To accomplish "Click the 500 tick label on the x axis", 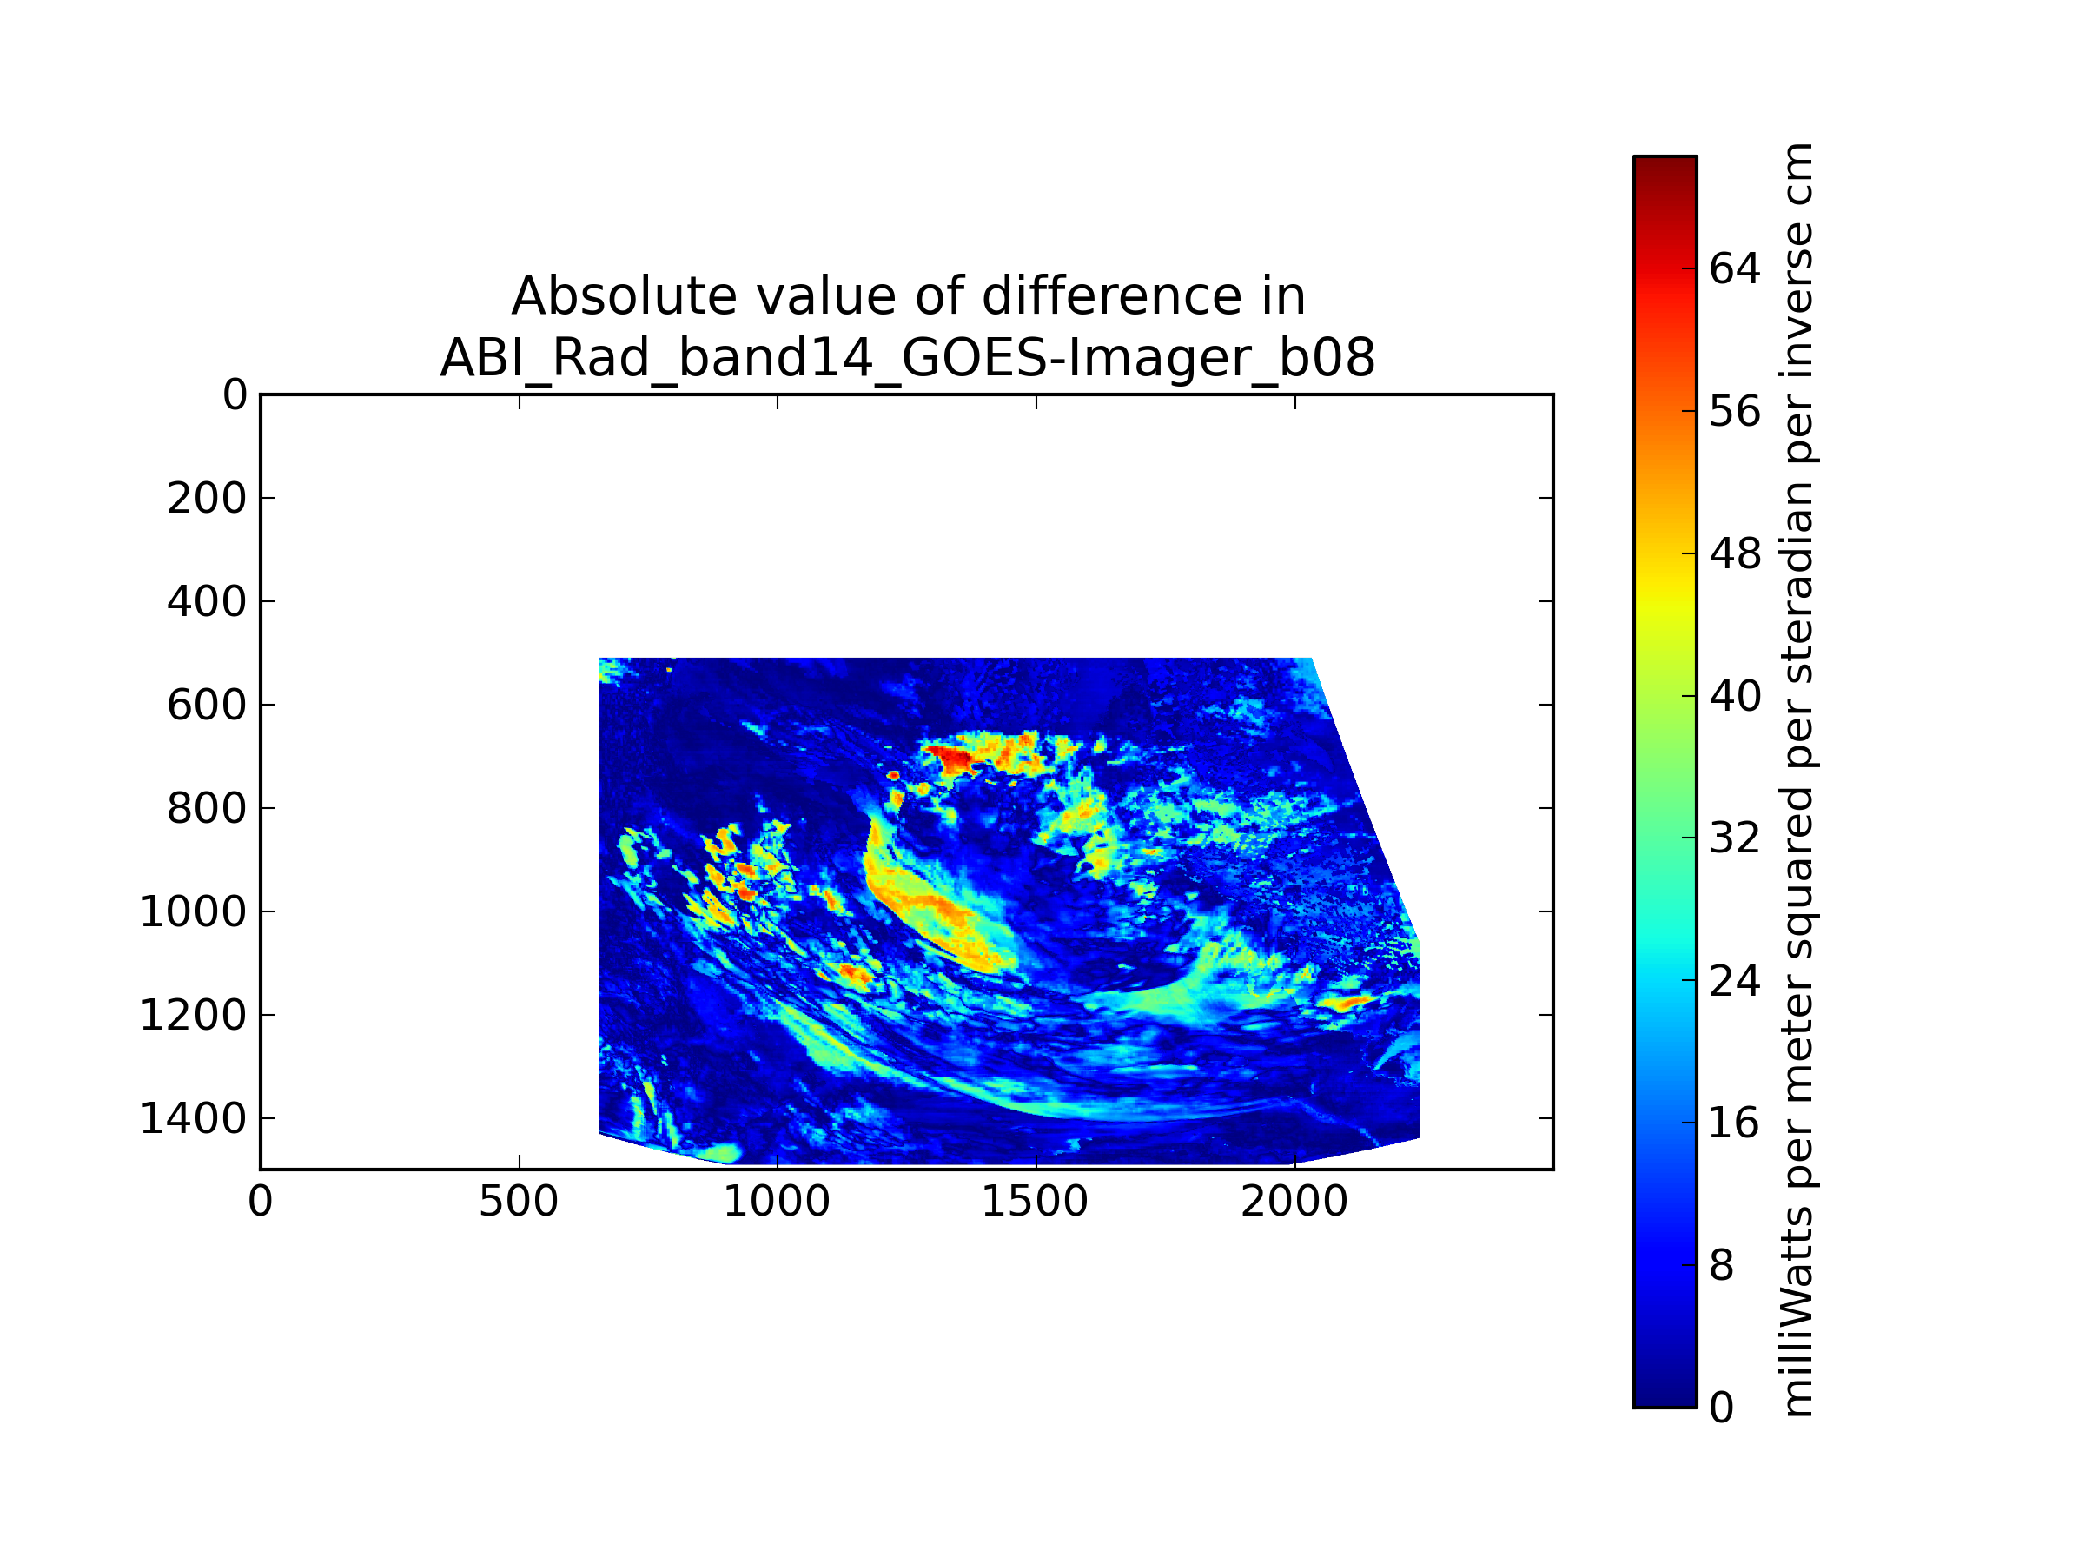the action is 519,1202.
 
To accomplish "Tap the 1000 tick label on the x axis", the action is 777,1202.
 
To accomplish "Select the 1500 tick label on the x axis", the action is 1035,1202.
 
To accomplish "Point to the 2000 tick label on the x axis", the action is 1294,1202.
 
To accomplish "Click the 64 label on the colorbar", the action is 1735,269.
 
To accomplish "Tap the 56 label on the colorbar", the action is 1735,412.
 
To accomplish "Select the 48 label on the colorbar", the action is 1735,554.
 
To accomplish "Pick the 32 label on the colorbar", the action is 1735,838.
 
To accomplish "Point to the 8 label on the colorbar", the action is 1722,1266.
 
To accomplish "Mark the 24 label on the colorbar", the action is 1735,981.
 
